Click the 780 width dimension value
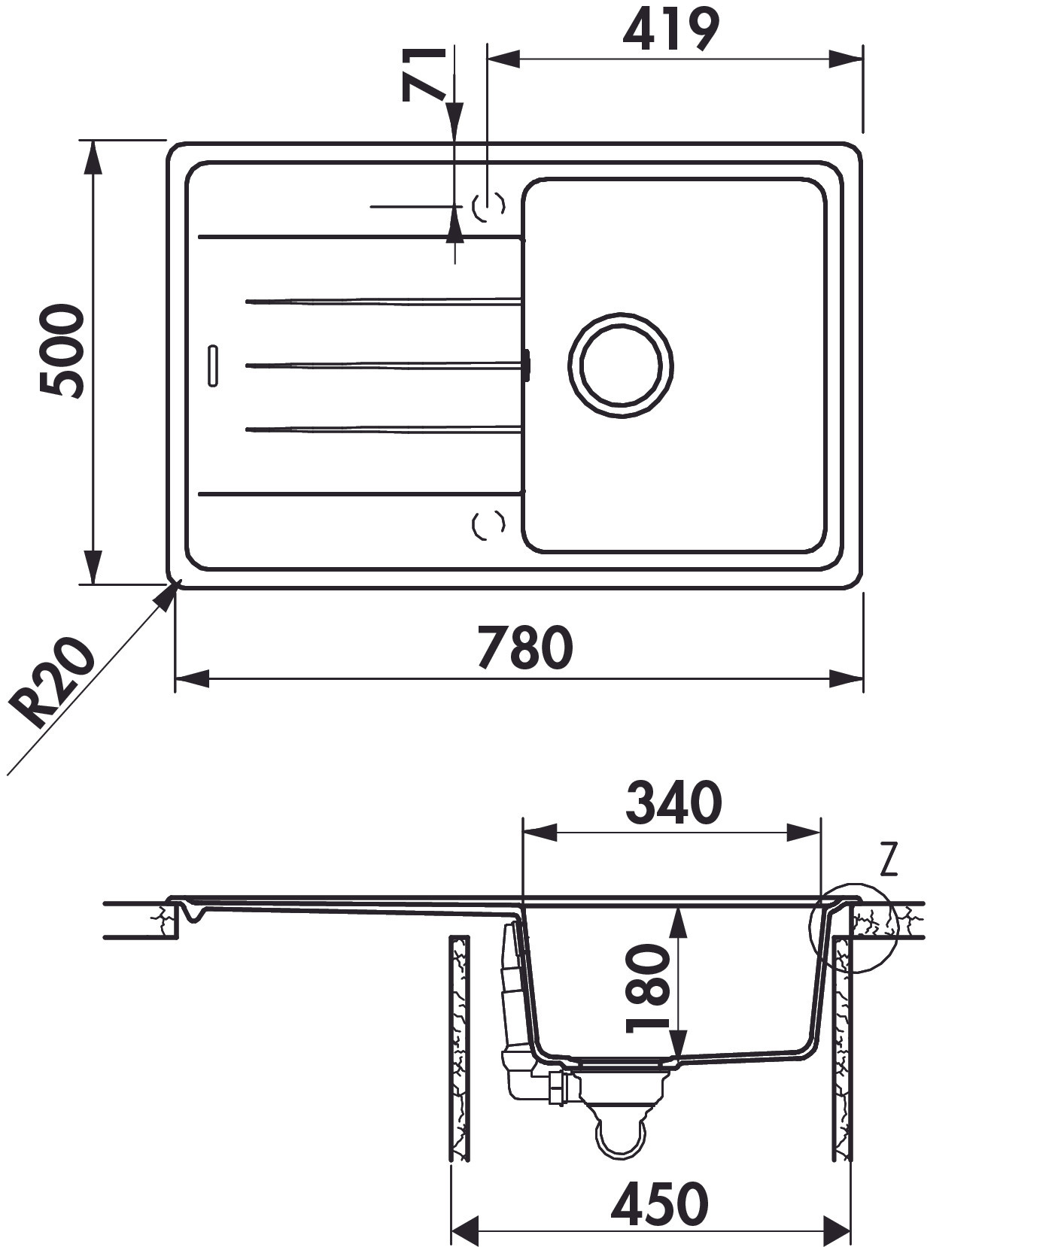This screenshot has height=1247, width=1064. (525, 648)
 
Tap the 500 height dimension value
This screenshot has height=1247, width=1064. (62, 350)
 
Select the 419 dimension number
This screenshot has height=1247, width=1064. (670, 30)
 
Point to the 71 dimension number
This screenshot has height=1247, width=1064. (424, 74)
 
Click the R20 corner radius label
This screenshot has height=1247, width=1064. (53, 682)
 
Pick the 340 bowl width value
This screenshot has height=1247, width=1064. (673, 803)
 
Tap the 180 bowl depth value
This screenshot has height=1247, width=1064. (647, 988)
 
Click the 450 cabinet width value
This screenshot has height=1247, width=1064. (659, 1203)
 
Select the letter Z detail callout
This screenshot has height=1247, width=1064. (889, 860)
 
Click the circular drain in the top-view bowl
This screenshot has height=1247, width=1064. (621, 365)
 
